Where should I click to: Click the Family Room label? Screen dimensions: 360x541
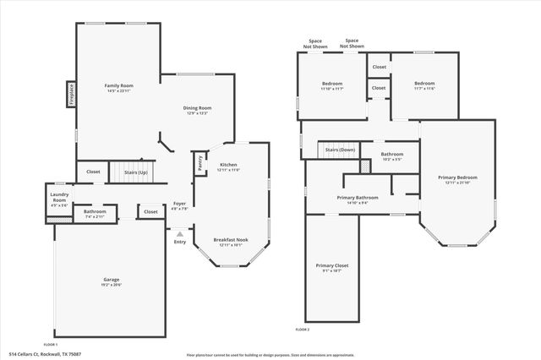[x=119, y=85]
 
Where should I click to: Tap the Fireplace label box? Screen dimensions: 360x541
[x=71, y=95]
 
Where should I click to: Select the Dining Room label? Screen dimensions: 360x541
[x=197, y=107]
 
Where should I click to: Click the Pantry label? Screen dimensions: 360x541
[x=200, y=164]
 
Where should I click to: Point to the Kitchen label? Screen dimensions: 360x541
[x=229, y=164]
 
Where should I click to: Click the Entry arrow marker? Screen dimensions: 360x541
[x=179, y=233]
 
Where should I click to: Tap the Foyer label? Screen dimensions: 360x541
[x=179, y=204]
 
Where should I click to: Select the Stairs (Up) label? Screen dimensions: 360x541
[x=136, y=172]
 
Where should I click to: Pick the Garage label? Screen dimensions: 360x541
[x=111, y=280]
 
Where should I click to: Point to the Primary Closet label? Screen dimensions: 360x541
[x=332, y=265]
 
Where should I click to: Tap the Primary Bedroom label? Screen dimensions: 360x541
[x=457, y=177]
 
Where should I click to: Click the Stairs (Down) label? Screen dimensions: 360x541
[x=341, y=150]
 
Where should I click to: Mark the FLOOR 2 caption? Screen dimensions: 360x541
[x=302, y=329]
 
